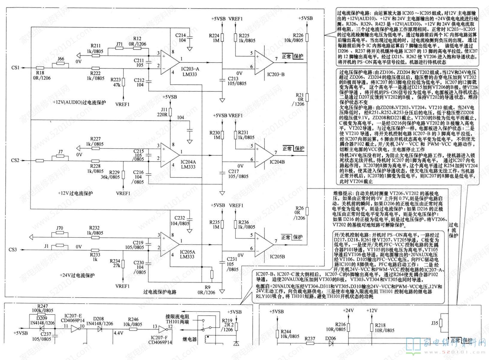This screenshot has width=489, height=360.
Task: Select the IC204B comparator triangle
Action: point(264,155)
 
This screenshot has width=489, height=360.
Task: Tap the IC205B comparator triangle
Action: point(264,244)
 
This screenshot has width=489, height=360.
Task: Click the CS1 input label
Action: point(15,68)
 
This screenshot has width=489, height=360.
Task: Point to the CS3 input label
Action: point(13,249)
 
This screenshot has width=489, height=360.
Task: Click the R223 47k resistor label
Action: point(116,82)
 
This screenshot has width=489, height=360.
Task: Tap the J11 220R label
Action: point(164,112)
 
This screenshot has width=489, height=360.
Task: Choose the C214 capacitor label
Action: point(181,37)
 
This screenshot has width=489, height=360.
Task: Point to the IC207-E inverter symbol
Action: point(75,329)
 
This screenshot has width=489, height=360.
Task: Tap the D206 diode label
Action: point(331,338)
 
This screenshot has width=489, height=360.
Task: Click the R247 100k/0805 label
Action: point(42,308)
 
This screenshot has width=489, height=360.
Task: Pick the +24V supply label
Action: point(348,310)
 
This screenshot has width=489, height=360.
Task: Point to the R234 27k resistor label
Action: point(115,263)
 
